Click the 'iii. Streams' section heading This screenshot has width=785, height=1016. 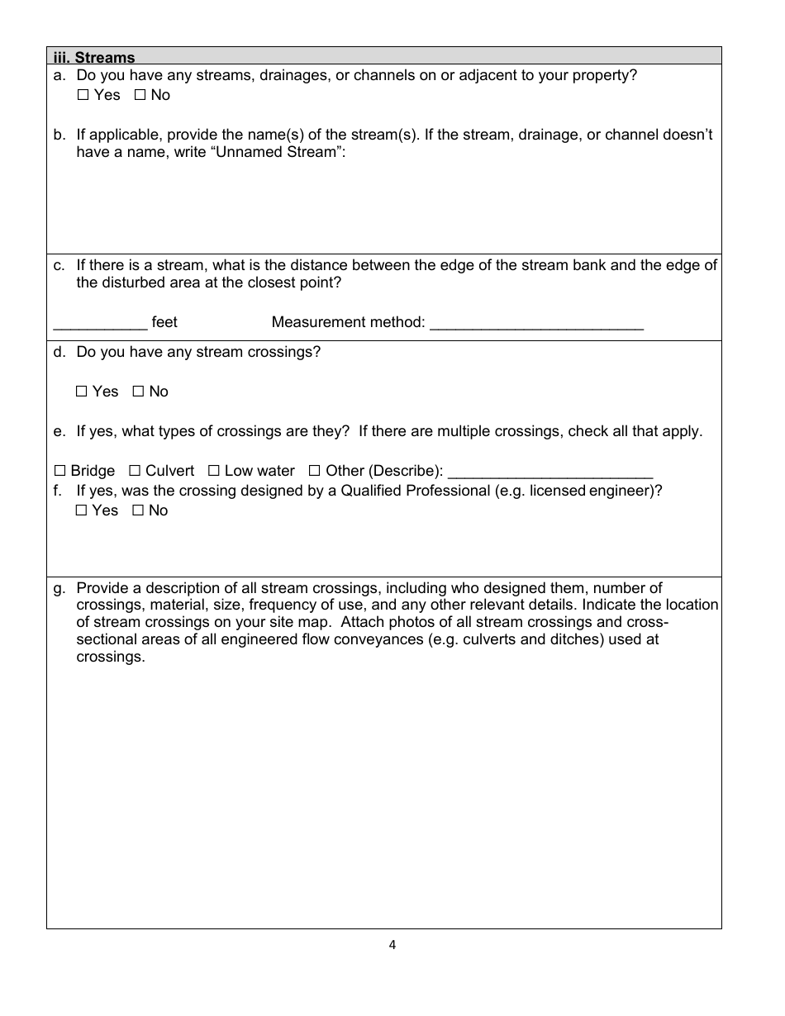coord(93,57)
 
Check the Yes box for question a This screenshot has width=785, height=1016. coord(83,95)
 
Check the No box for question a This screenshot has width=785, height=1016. coord(140,95)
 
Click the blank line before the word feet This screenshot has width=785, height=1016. coord(100,323)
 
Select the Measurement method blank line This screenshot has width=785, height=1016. coord(536,323)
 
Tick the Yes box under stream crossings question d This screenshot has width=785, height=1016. coord(81,392)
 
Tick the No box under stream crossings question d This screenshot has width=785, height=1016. coord(138,392)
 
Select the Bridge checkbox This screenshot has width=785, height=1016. coord(59,471)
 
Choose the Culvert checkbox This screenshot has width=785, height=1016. coord(135,471)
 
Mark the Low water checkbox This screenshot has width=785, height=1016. coord(213,471)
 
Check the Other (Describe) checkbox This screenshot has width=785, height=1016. coord(315,471)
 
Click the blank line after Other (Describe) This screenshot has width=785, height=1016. coord(549,472)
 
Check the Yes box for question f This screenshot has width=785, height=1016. coord(81,510)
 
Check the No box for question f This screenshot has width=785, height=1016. coord(138,510)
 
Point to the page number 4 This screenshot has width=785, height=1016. coord(392,946)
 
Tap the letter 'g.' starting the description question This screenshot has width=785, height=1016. coord(59,589)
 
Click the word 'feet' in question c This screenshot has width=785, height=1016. coord(164,322)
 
